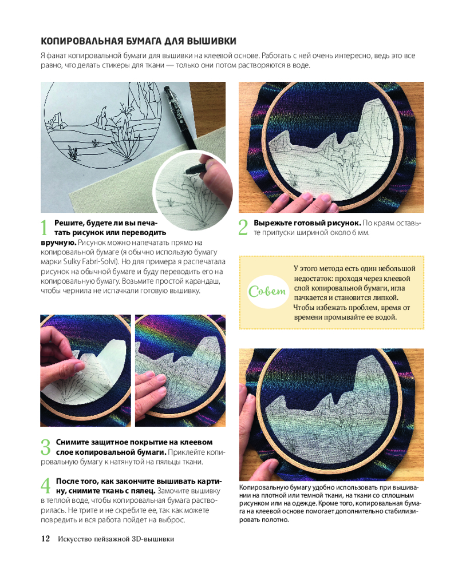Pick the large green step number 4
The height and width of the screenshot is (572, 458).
[46, 486]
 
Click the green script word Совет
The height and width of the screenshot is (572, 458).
[267, 292]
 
